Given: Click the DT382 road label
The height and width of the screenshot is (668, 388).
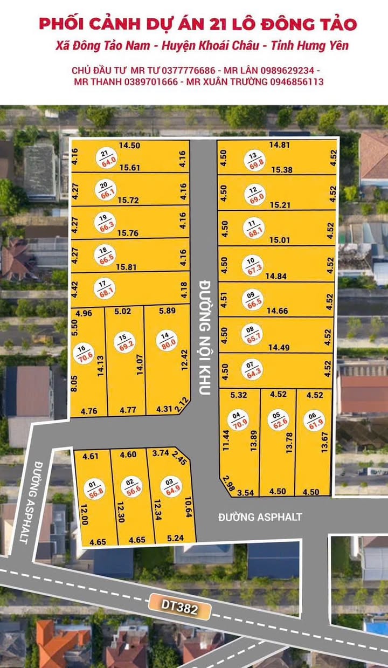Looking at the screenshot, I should tap(179, 608).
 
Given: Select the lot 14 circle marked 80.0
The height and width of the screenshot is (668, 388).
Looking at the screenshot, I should tap(165, 341).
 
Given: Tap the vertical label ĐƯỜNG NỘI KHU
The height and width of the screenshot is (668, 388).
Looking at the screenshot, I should tap(204, 336).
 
